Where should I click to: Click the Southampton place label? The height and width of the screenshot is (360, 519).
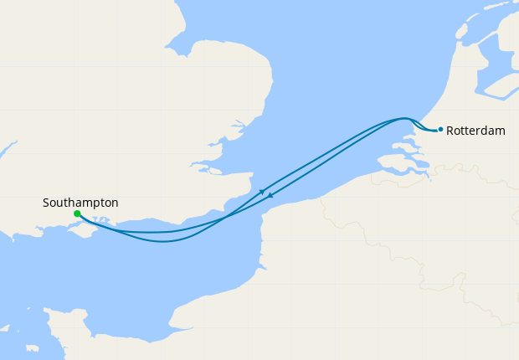[80, 203]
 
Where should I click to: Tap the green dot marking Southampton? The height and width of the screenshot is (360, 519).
[77, 213]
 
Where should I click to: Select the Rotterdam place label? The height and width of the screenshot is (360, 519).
[476, 131]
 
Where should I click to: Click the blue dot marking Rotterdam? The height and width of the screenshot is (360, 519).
[440, 129]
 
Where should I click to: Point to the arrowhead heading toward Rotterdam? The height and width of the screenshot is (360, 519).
[262, 192]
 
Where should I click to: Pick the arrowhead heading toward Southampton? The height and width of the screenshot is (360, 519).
[270, 198]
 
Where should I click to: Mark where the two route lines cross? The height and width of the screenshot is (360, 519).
[227, 218]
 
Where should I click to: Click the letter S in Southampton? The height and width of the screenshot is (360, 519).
[46, 203]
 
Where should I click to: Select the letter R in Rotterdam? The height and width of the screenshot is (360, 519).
[451, 131]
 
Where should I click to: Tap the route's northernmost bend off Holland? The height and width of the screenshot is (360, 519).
[403, 118]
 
